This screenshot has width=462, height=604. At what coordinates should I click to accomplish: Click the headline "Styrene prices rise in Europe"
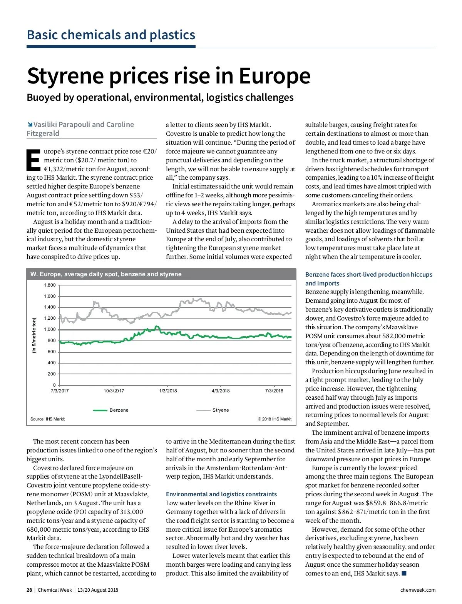click(168, 76)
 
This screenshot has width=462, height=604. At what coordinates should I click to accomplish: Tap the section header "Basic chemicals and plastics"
click(111, 35)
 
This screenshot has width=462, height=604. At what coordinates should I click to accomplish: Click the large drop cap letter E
click(33, 160)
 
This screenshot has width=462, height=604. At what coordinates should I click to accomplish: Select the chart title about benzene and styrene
click(106, 274)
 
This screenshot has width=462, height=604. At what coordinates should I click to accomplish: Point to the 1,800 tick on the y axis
click(50, 285)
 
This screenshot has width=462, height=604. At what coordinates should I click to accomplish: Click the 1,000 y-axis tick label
click(50, 330)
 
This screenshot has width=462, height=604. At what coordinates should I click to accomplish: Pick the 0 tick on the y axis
click(54, 385)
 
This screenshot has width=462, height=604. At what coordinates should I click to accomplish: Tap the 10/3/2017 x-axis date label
click(114, 391)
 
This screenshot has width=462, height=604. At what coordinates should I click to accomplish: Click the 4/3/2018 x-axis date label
click(221, 391)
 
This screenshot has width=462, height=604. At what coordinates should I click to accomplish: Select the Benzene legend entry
click(111, 410)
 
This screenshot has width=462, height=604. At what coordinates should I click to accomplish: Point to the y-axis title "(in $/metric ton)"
click(34, 335)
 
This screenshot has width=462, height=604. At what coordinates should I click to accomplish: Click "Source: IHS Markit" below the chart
click(47, 419)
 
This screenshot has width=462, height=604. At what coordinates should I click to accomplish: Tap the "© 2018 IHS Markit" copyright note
click(275, 419)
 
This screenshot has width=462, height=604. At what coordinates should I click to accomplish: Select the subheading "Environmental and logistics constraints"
click(221, 494)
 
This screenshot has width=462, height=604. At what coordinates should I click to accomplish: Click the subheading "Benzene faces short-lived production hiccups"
click(368, 275)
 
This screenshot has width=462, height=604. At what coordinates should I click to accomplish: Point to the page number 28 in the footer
click(29, 590)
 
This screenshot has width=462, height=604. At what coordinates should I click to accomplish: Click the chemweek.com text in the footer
click(418, 590)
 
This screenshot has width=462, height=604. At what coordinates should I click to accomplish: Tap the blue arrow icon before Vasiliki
click(30, 124)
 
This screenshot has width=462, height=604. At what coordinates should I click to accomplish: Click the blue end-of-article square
click(404, 574)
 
